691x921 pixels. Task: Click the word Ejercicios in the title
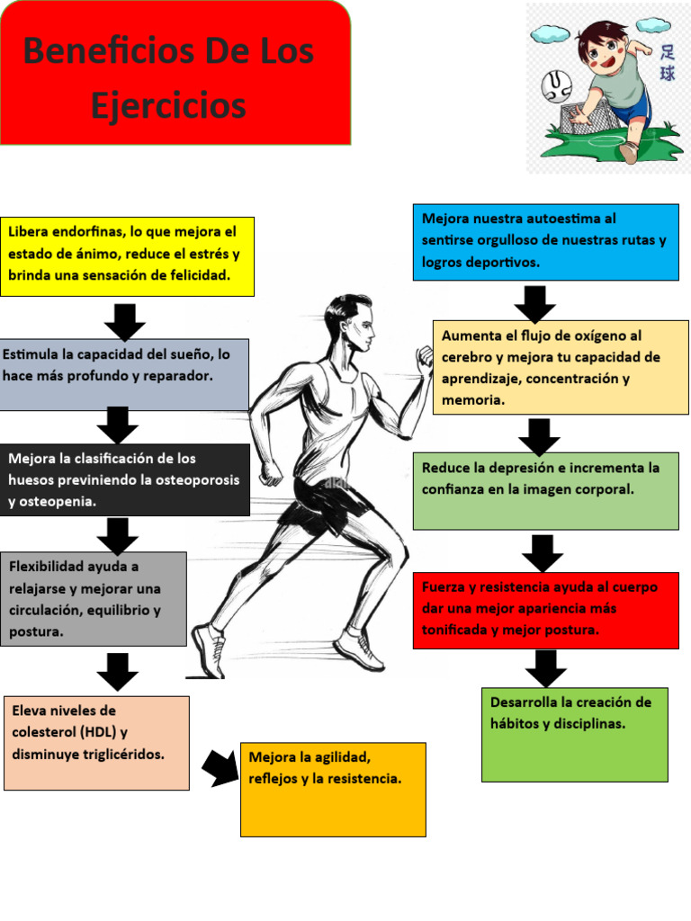[168, 106]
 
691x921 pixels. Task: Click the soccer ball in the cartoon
[556, 88]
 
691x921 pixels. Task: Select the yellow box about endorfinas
[127, 256]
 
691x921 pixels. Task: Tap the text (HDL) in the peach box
[93, 732]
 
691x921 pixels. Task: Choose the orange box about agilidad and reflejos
[333, 789]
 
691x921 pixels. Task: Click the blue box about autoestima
[545, 241]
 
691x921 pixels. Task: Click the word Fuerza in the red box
[444, 587]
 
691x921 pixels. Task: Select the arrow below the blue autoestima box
[534, 303]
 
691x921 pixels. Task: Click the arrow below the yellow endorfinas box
[124, 321]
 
